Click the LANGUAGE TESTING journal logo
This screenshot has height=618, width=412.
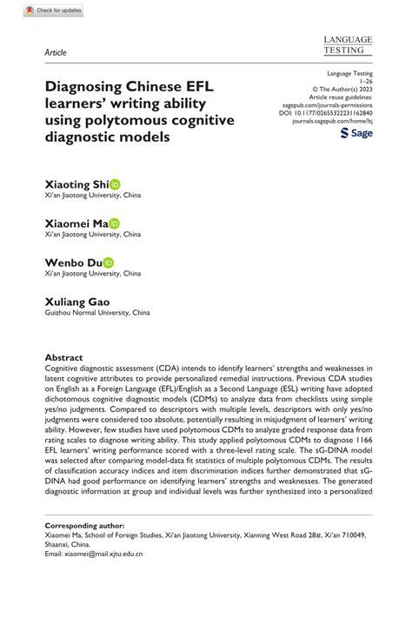tap(347, 45)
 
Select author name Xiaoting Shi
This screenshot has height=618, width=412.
tap(76, 184)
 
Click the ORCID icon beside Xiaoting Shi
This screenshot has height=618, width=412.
tap(115, 184)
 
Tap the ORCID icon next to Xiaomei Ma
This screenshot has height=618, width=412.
tap(115, 223)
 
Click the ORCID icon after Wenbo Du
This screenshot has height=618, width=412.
tap(108, 262)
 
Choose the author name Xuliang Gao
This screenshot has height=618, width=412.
tap(77, 301)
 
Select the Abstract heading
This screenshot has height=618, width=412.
tap(63, 357)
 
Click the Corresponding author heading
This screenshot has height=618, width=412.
tap(83, 526)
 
